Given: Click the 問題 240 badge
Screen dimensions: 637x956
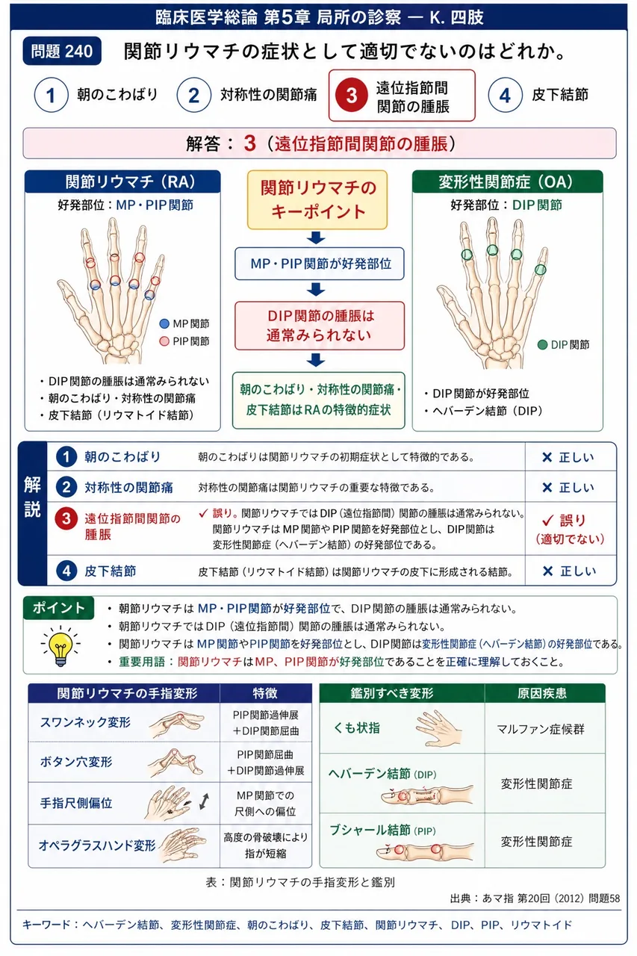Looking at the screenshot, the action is click(62, 52).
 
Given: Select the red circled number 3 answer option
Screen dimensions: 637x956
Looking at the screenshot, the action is click(352, 95).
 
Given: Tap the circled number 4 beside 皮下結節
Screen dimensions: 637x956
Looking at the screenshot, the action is click(505, 95).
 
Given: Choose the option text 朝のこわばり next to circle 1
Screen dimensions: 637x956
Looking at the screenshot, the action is click(117, 94).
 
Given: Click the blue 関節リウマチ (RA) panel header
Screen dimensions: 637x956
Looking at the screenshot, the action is click(122, 181).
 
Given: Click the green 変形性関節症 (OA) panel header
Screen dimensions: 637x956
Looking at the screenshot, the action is click(507, 181).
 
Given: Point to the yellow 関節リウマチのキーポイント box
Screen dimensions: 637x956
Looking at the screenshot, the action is click(317, 199).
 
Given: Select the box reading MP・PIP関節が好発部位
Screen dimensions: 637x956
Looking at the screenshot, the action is click(320, 264).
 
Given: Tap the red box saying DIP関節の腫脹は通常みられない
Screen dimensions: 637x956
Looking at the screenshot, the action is click(320, 326).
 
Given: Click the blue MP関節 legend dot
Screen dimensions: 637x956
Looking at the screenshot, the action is click(164, 323).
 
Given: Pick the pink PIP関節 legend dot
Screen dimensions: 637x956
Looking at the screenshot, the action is click(164, 341).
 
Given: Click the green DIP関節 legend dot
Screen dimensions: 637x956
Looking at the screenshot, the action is click(542, 344).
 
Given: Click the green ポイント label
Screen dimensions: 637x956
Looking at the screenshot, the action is click(59, 607).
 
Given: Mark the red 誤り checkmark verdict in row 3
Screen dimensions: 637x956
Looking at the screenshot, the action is click(570, 529).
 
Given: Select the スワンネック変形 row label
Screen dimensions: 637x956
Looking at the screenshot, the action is click(85, 722).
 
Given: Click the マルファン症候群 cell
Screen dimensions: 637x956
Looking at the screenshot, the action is click(541, 729).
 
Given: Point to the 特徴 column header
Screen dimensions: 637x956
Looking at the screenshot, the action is click(265, 694).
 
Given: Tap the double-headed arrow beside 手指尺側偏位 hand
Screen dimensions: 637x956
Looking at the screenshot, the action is click(205, 801).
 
